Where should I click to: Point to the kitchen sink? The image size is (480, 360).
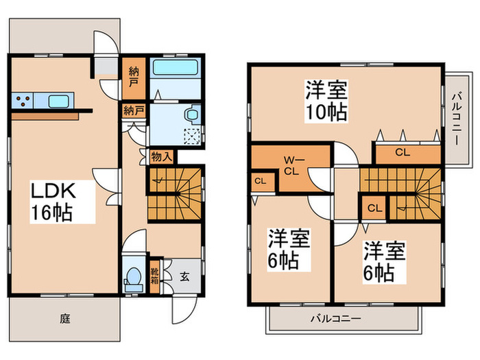pos(58,102)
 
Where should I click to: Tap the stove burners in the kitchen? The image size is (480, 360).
pos(22,101)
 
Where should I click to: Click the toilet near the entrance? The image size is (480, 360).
pos(133,278)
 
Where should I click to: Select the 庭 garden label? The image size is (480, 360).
pos(64,318)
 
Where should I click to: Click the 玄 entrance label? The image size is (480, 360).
pos(186,277)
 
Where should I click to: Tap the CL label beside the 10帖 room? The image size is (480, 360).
pos(402,152)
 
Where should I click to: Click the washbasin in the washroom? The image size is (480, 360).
pos(193,114)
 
